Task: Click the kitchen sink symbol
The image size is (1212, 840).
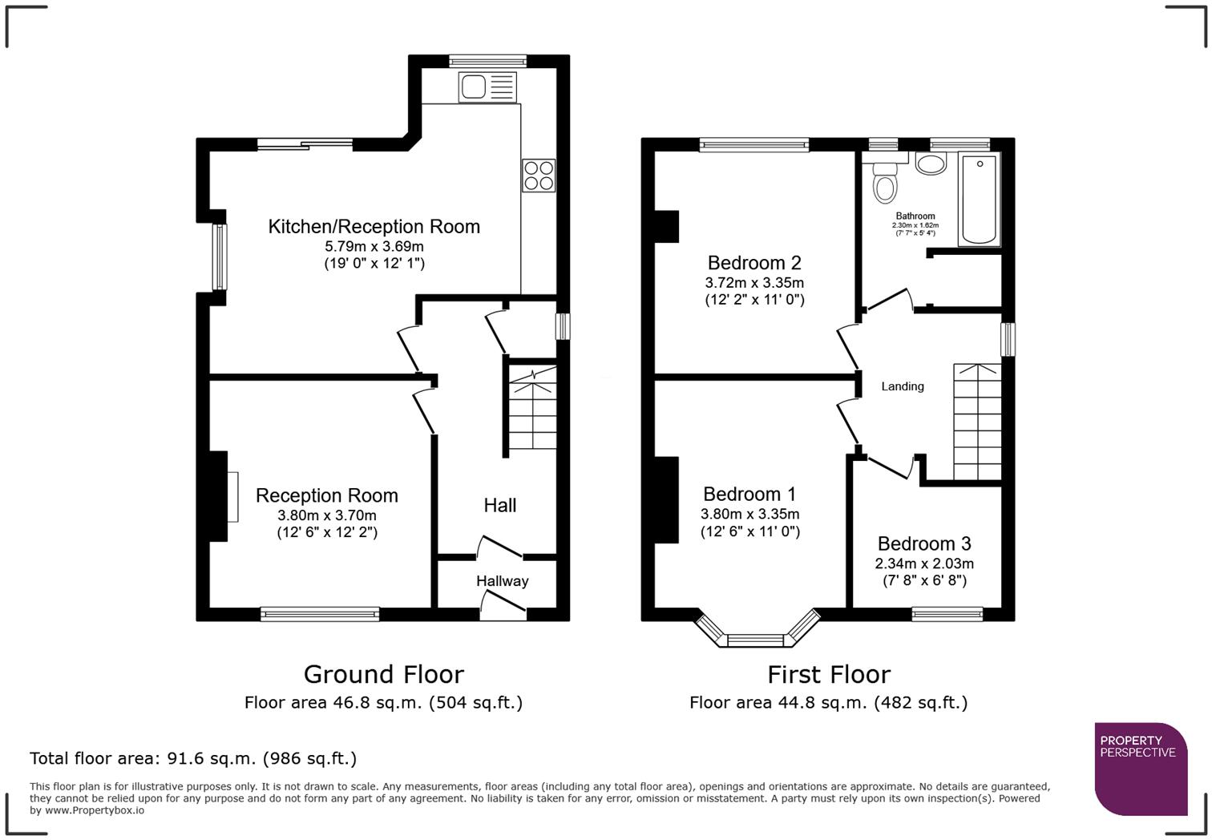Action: click(487, 87)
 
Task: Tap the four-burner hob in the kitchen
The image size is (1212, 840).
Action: click(539, 176)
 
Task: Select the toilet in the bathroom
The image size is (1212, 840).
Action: click(886, 182)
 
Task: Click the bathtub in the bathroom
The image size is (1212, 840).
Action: click(979, 200)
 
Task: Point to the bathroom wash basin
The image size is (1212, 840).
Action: click(931, 164)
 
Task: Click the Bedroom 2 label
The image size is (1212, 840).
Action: click(753, 263)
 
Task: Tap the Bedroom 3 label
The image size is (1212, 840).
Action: click(923, 544)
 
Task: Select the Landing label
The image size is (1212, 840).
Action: click(902, 386)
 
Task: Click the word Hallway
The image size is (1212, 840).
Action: click(502, 581)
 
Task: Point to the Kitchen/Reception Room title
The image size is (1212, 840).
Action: click(374, 227)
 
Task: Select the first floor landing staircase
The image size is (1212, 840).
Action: click(977, 422)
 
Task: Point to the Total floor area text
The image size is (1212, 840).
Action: click(193, 758)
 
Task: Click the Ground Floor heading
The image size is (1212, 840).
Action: click(383, 674)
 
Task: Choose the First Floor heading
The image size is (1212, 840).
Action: click(828, 674)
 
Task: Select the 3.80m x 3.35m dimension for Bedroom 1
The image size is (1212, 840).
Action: click(749, 515)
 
